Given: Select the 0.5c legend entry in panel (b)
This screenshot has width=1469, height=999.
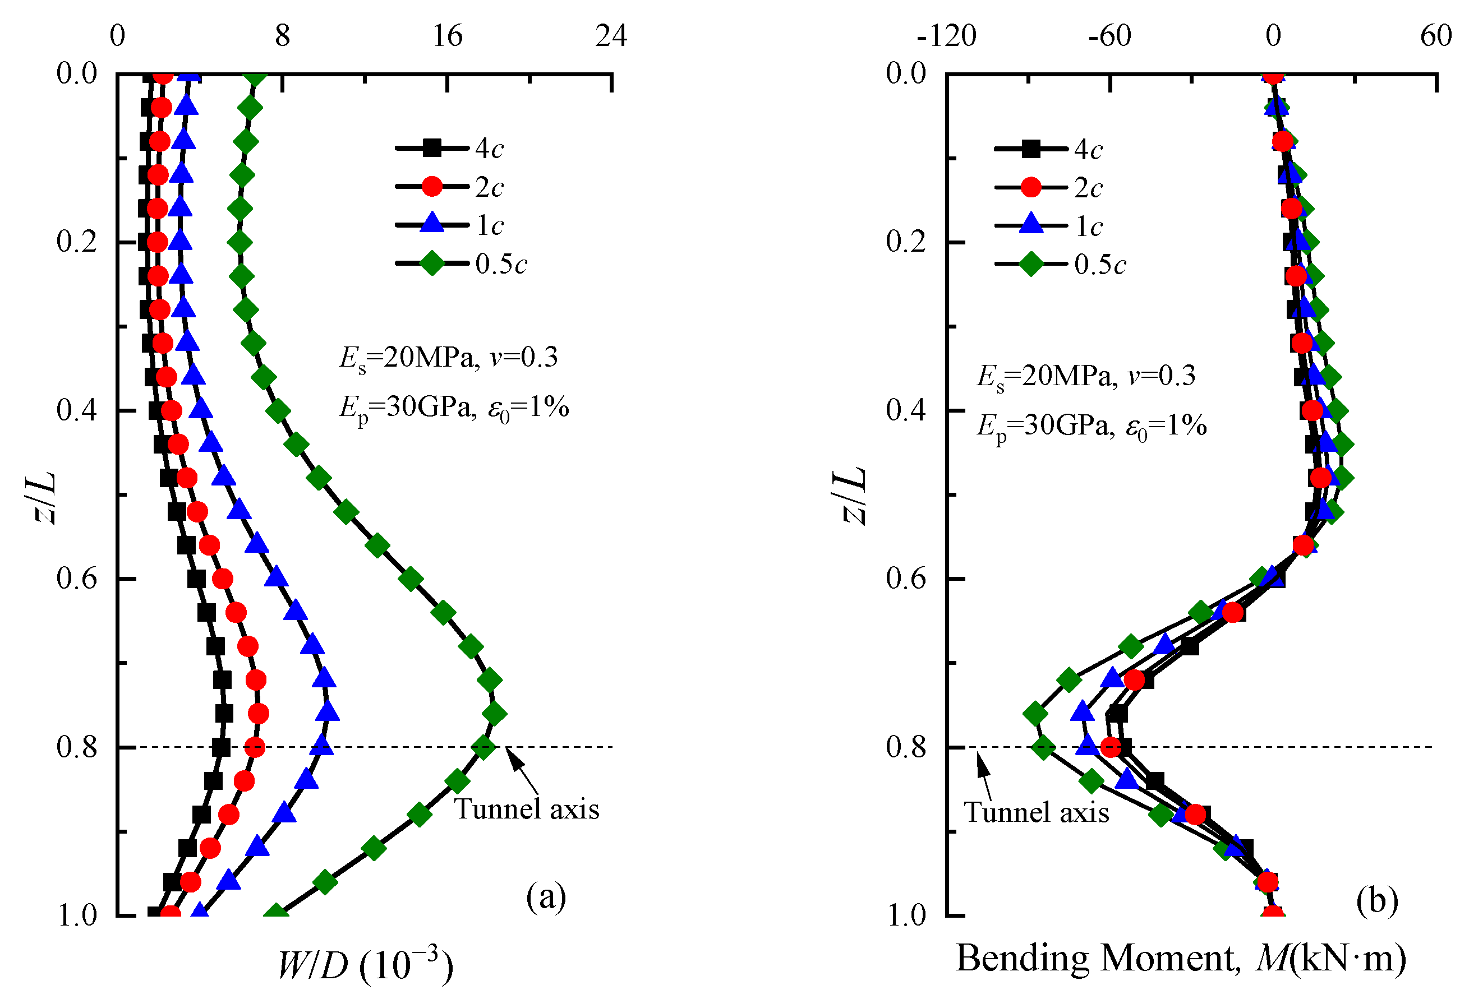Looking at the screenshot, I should [1060, 264].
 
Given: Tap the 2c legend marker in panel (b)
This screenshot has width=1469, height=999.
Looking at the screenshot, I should [1030, 188].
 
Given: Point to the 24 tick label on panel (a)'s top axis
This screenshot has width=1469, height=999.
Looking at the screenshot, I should [611, 36].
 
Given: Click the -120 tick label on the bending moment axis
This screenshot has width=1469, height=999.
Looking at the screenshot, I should [946, 36].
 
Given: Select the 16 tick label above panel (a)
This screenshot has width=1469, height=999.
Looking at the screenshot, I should [448, 36].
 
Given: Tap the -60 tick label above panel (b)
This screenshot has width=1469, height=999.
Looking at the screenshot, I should [1109, 36].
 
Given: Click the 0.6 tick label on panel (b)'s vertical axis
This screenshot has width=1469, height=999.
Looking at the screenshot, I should [906, 578].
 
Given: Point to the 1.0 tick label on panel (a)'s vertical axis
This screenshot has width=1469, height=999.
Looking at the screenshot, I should [77, 915].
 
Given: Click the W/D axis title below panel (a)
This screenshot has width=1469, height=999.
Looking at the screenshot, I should [365, 965].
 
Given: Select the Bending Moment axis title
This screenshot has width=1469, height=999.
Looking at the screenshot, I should [1181, 959].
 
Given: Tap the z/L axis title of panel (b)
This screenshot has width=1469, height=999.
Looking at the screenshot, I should [853, 496].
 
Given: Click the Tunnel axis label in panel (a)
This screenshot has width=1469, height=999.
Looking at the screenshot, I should [527, 810].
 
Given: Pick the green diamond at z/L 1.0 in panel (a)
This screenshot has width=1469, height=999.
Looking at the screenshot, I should [275, 914].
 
